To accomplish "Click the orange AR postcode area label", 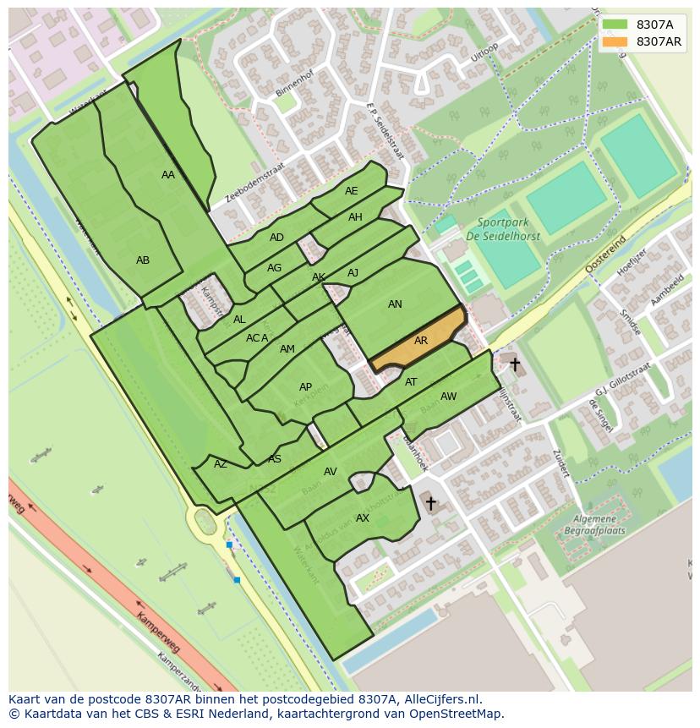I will point(420,341).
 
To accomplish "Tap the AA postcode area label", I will point(167,175).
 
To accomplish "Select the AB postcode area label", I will point(143,260).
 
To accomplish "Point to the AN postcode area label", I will point(395,304).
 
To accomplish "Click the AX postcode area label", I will point(363,518).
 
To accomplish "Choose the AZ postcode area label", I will point(220,464).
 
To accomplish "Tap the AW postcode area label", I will point(448,397).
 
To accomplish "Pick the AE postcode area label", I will point(352,191).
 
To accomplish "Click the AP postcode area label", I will point(305,387).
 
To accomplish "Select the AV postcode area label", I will point(331,472).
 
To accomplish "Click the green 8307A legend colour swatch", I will point(615,25).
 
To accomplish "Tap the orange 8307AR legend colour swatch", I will point(615,41).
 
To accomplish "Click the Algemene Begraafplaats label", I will point(595,524).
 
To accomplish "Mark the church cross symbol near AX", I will point(430,504).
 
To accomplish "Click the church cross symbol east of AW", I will point(514,364).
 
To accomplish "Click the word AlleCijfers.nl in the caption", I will point(440,699).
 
